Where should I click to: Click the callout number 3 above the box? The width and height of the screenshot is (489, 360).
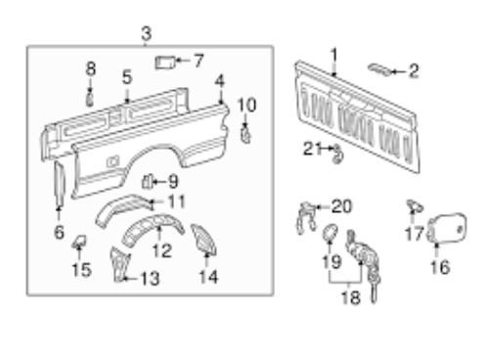147,33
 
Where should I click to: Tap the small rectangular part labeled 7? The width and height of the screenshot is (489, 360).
165,63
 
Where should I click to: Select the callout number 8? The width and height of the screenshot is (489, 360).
91,68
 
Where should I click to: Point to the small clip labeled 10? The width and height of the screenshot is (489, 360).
245,134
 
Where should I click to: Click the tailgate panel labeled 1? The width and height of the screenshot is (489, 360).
357,117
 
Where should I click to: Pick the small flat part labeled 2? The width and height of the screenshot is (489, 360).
379,69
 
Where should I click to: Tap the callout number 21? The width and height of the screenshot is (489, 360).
312,149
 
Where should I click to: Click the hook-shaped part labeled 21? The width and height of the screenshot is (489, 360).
337,155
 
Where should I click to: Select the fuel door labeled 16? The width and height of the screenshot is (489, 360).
447,228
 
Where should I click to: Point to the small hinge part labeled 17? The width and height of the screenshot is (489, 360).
415,206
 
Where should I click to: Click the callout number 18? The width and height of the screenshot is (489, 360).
351,297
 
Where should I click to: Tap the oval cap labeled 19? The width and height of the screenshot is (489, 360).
330,233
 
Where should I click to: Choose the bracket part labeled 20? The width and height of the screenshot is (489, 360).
306,217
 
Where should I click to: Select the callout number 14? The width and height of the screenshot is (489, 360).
208,277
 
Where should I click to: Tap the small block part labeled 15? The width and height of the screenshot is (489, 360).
79,242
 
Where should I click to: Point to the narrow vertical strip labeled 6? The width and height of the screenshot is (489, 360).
60,184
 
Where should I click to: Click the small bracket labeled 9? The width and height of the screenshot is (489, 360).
147,182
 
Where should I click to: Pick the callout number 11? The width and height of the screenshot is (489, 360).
176,202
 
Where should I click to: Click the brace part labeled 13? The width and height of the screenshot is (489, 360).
119,265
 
